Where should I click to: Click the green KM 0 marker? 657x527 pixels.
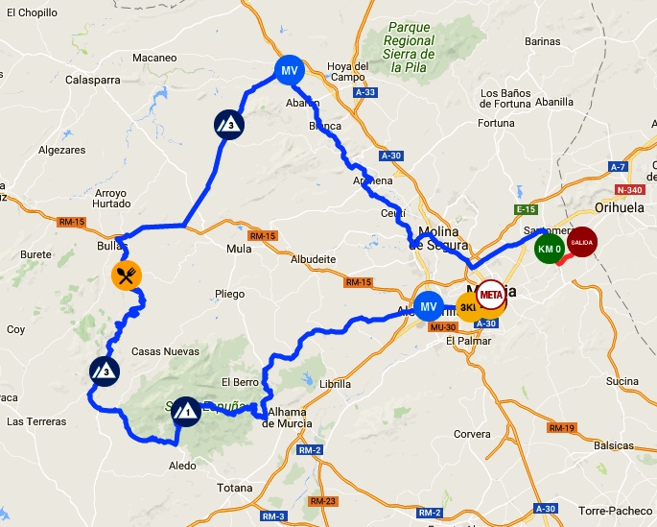point(550,249)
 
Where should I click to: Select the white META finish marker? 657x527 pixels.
point(491,294)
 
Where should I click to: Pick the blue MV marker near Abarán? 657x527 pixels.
point(290,70)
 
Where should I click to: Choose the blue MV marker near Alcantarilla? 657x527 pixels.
point(429,306)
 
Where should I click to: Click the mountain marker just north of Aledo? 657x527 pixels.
point(186,411)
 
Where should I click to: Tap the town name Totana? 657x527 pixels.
point(235,489)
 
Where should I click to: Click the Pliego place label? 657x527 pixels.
point(230,294)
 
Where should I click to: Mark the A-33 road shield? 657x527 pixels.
point(364,92)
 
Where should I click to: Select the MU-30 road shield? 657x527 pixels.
point(442,327)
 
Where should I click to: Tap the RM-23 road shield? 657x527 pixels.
point(322,501)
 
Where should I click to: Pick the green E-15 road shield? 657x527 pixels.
point(525,209)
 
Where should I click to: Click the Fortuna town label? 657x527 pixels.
point(497,123)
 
